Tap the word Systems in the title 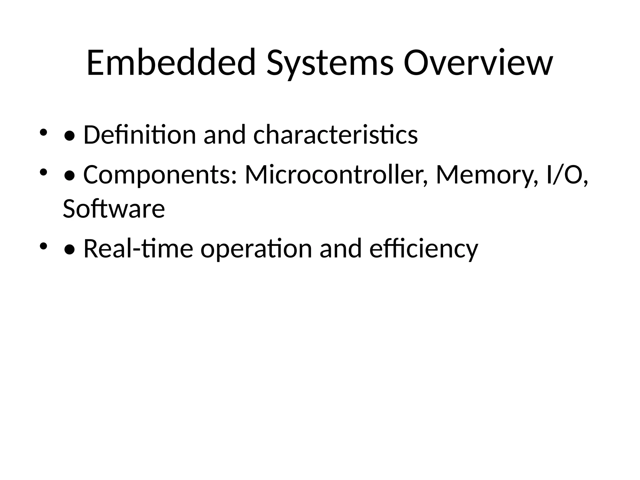(x=330, y=64)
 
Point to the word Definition (x=139, y=135)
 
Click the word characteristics (x=335, y=135)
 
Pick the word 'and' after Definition (x=224, y=135)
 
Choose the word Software (x=114, y=209)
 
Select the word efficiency (x=423, y=249)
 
